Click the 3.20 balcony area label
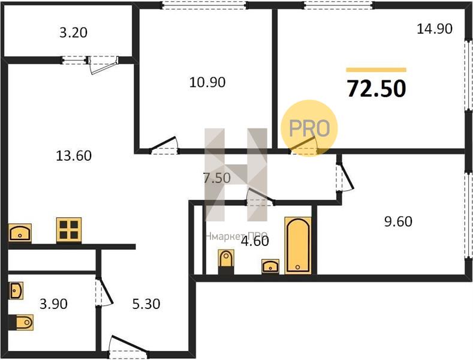click(73, 32)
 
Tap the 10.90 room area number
click(207, 82)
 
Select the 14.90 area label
click(435, 29)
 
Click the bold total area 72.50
click(376, 89)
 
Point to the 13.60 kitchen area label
click(74, 155)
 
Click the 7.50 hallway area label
click(217, 178)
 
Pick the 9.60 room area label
click(398, 221)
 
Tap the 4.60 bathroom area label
click(255, 241)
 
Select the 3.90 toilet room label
click(53, 304)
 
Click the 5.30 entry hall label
click(146, 304)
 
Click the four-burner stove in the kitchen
click(69, 230)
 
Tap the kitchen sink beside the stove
click(20, 233)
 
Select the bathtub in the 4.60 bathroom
click(298, 245)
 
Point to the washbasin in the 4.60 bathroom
click(270, 266)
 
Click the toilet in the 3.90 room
click(21, 322)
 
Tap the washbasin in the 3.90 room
click(16, 290)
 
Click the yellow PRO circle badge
click(309, 128)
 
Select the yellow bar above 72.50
click(376, 70)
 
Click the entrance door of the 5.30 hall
click(129, 348)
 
